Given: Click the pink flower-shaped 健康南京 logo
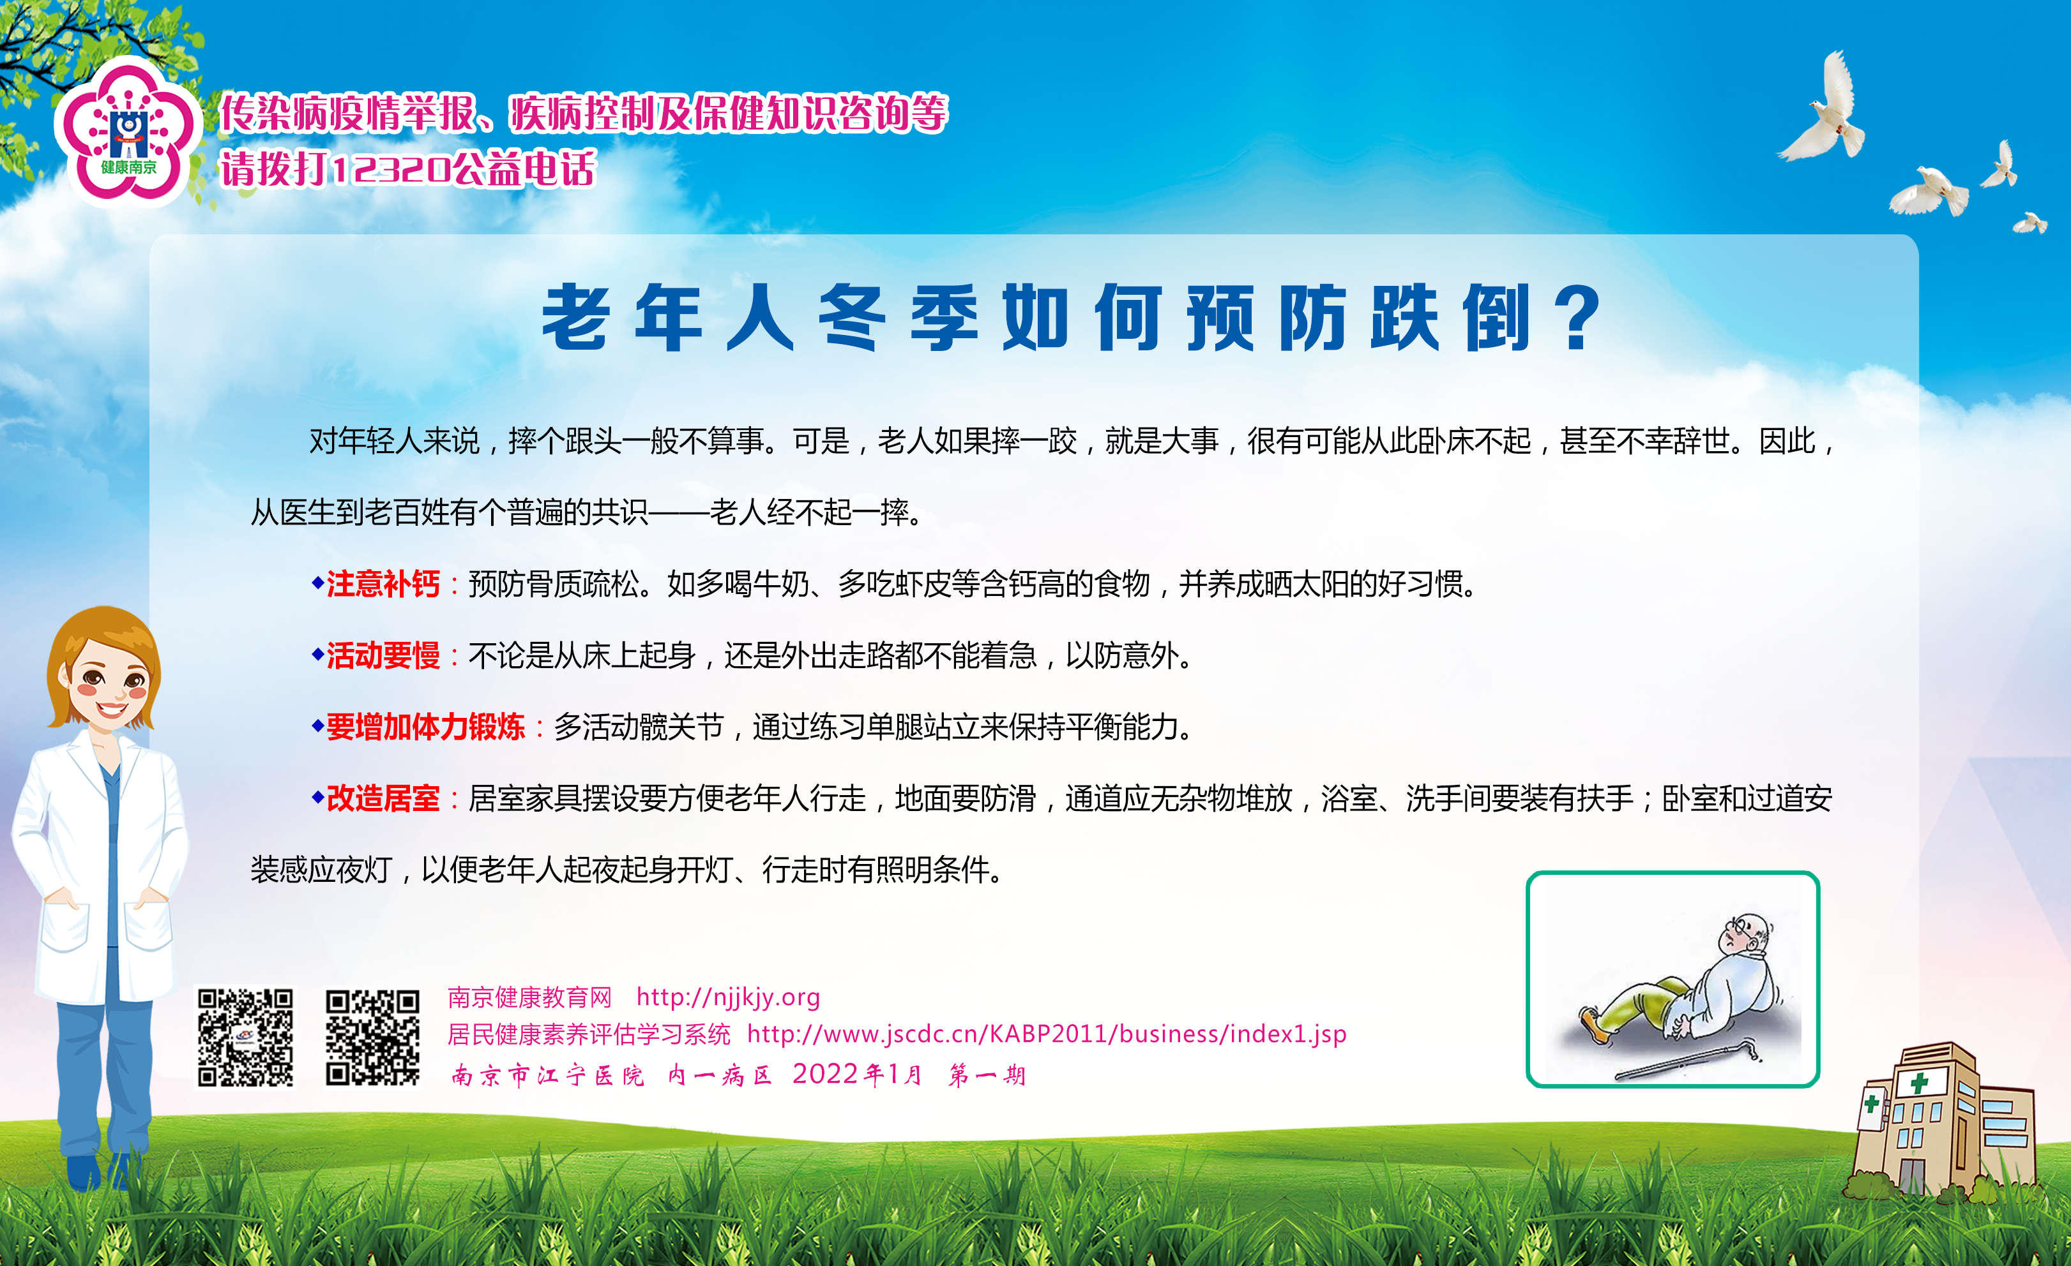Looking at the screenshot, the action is [128, 130].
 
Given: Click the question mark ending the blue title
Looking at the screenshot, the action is [1580, 318].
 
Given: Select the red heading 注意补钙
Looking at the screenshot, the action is [383, 584].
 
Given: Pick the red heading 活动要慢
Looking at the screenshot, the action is [383, 655].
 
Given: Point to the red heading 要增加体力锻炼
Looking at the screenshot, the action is [425, 727].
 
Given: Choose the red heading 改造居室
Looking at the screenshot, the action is [383, 798].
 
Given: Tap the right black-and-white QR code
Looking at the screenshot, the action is [372, 1038].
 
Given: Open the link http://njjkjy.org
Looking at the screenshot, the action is [728, 997].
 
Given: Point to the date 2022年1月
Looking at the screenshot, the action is [856, 1075].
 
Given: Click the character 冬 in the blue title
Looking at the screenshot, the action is [851, 318].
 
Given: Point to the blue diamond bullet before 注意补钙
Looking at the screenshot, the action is [318, 582].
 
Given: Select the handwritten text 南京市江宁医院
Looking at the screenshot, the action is [548, 1075].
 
